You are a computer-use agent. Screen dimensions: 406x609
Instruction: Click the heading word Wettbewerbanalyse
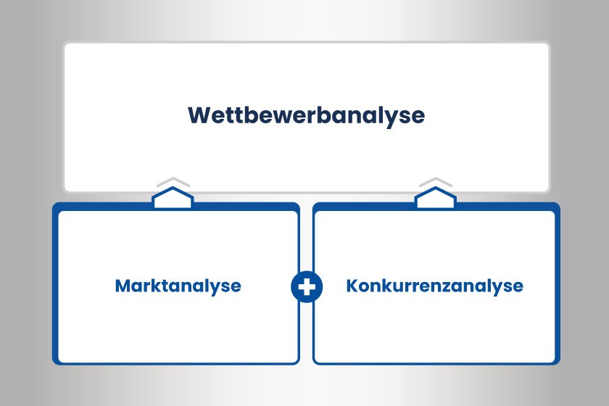coord(306,116)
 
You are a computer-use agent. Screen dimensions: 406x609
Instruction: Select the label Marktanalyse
coord(178,286)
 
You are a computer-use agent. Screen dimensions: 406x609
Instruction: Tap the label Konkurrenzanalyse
coord(434,286)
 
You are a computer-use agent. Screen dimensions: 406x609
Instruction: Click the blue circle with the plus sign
coord(306,286)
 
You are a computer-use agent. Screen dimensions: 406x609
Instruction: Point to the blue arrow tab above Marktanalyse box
coord(173,197)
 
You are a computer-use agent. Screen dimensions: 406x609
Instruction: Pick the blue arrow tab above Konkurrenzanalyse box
coord(435,197)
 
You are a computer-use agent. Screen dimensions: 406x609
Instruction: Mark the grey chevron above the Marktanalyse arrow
coord(173,181)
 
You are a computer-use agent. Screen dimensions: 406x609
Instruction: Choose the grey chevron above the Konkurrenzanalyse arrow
coord(435,181)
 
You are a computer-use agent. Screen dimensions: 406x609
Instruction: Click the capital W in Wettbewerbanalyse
coord(199,116)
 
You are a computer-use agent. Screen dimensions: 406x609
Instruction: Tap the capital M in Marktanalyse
coord(122,286)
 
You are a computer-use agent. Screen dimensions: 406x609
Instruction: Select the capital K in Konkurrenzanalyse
coord(352,286)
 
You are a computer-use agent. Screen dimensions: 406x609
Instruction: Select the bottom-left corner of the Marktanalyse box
coord(55,362)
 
